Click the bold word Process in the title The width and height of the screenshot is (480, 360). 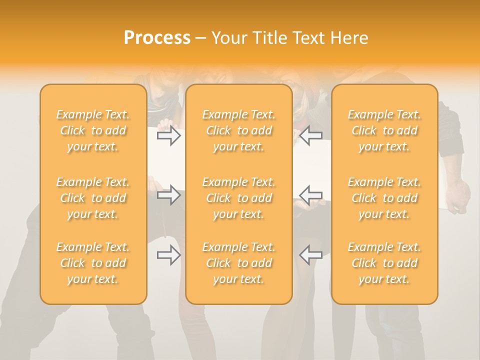pos(157,38)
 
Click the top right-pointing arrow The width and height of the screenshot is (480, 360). pos(169,135)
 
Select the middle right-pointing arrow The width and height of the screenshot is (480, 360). pos(169,194)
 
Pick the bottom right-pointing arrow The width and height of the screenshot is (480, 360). pos(169,255)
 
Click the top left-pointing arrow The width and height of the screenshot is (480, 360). pos(310,135)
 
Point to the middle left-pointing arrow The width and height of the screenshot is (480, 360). pos(310,194)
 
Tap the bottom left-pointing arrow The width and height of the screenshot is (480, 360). pos(310,255)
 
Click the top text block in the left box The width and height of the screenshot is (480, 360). pos(93,130)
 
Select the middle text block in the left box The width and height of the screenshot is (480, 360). pos(93,198)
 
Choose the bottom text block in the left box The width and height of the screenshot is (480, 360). pos(93,263)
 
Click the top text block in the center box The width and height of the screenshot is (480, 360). pos(238,130)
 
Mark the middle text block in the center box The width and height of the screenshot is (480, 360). pos(238,198)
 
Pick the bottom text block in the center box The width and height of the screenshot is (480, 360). pos(238,263)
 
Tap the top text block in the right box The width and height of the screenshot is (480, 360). pos(384,130)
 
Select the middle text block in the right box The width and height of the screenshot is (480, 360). pos(384,198)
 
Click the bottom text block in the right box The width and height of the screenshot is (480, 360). pos(384,263)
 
